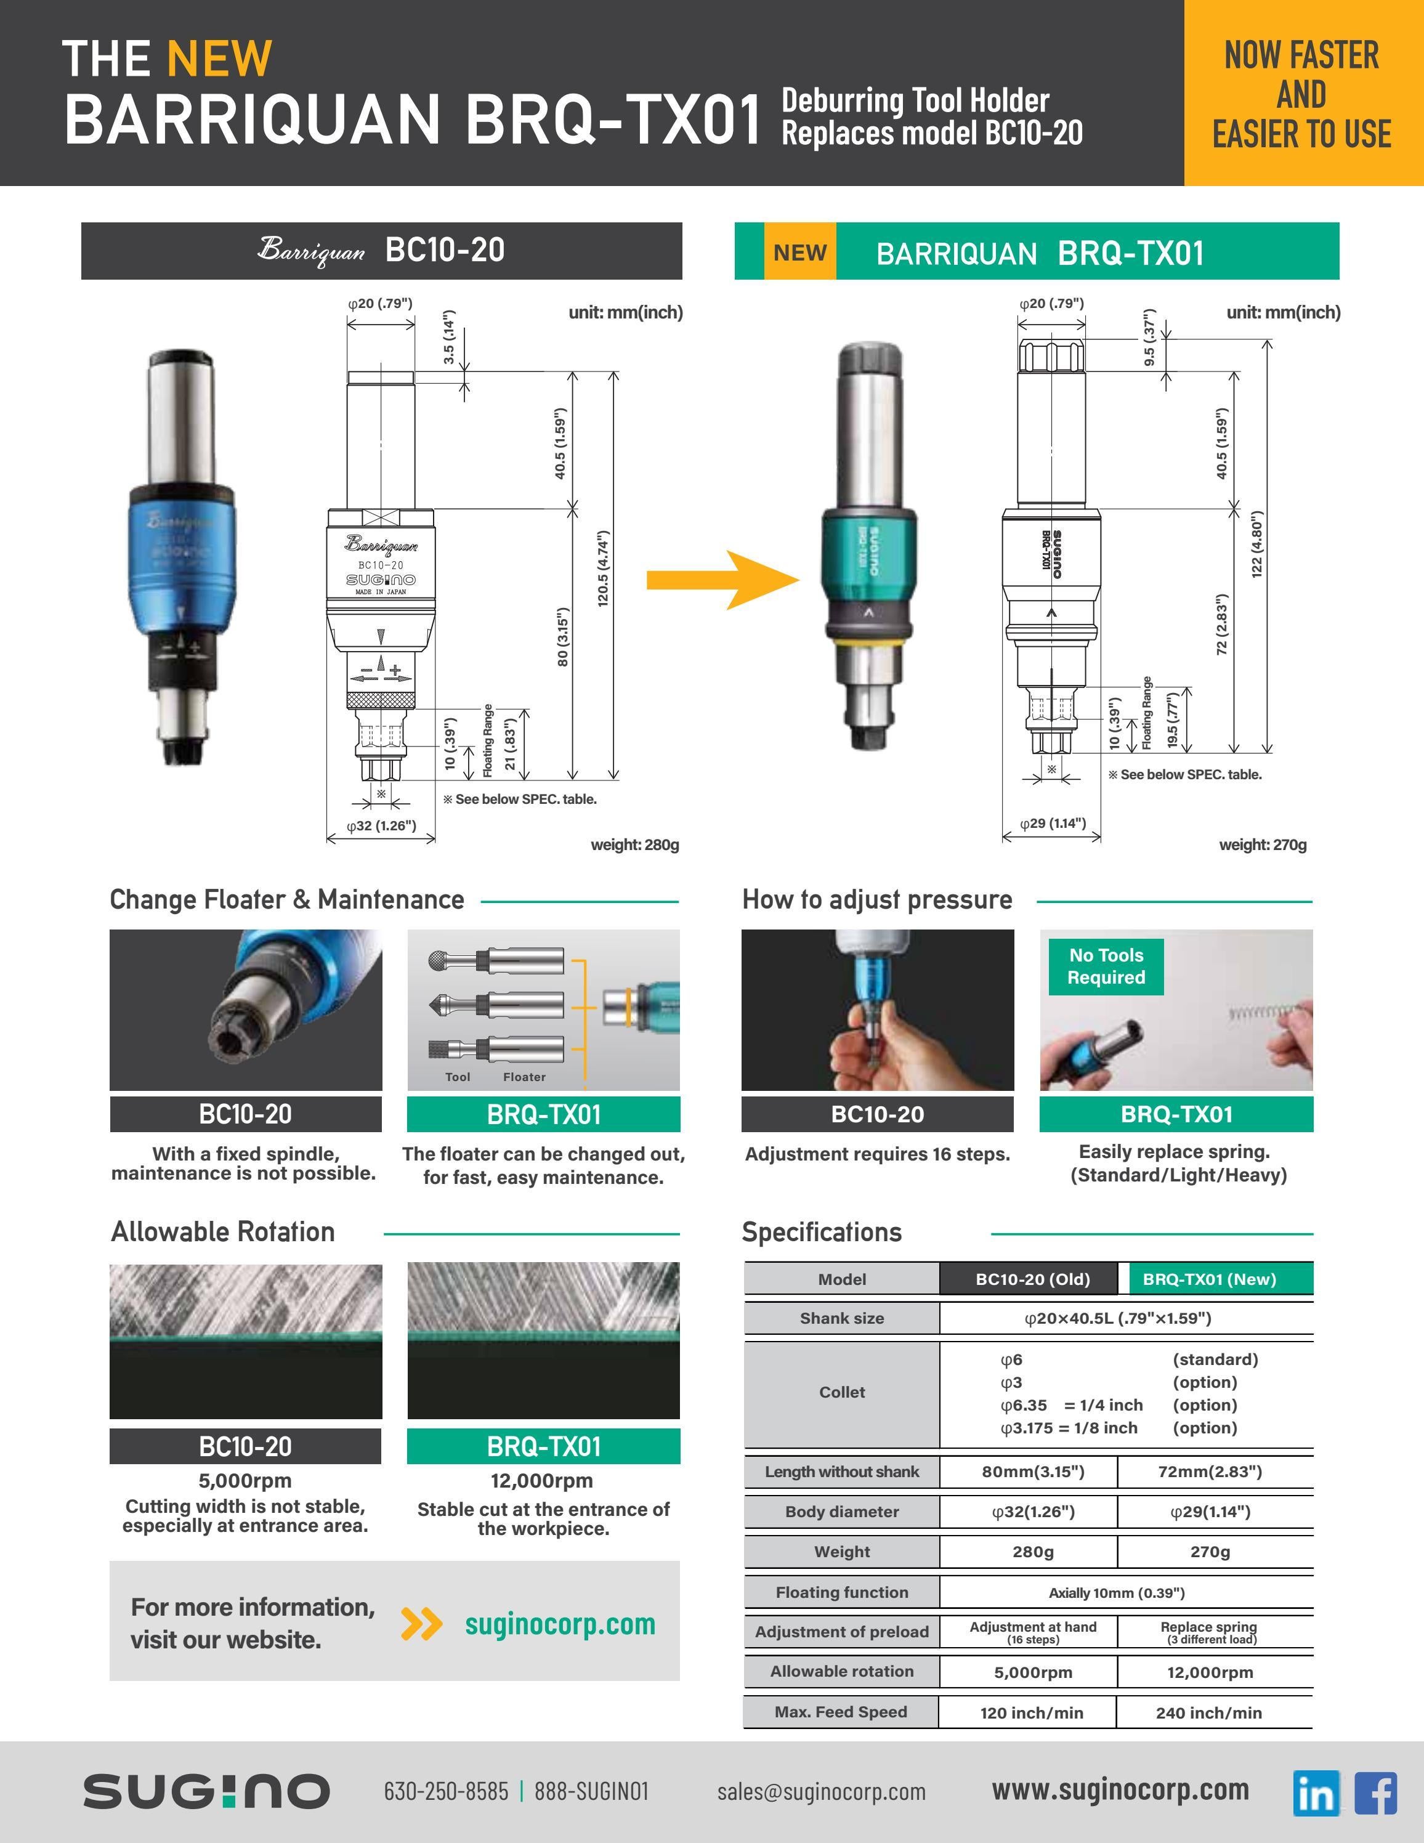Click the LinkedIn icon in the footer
click(1315, 1792)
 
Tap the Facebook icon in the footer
click(1375, 1792)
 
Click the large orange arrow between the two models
click(722, 580)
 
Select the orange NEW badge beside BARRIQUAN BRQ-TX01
click(799, 253)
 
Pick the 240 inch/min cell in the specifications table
click(1209, 1712)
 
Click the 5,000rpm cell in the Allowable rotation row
click(1032, 1672)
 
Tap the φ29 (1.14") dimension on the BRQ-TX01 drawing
click(1052, 823)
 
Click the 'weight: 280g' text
click(634, 845)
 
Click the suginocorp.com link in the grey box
click(559, 1624)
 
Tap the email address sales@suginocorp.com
click(821, 1791)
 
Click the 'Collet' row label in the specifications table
click(841, 1392)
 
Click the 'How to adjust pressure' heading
click(876, 899)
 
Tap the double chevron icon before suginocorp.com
click(421, 1624)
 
